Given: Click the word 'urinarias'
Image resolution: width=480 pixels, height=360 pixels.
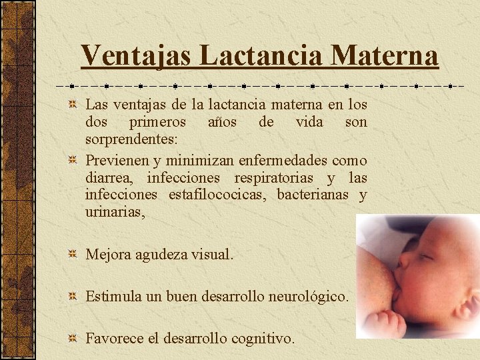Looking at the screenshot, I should pyautogui.click(x=114, y=213).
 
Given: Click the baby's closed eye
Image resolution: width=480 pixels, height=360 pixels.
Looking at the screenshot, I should pyautogui.click(x=423, y=257).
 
